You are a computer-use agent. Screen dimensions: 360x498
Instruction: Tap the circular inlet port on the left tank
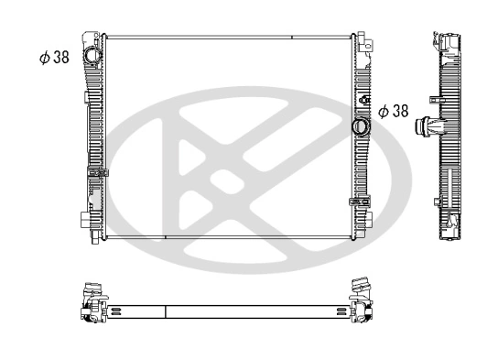[x=93, y=56]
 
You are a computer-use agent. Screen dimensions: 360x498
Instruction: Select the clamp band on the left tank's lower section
[x=97, y=173]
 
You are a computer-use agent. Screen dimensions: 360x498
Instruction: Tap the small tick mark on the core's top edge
[x=292, y=38]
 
